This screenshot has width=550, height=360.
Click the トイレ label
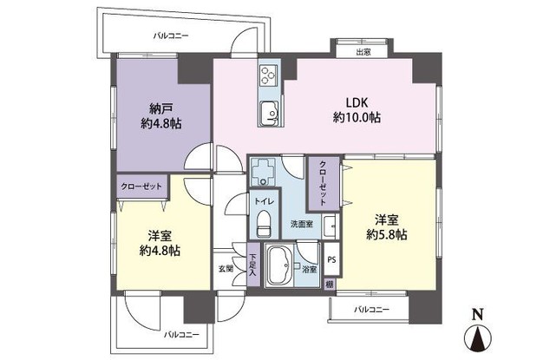(263, 201)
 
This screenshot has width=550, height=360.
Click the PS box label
(331, 259)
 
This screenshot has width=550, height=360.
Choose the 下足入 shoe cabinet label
(252, 265)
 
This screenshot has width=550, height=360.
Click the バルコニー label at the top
(171, 35)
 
